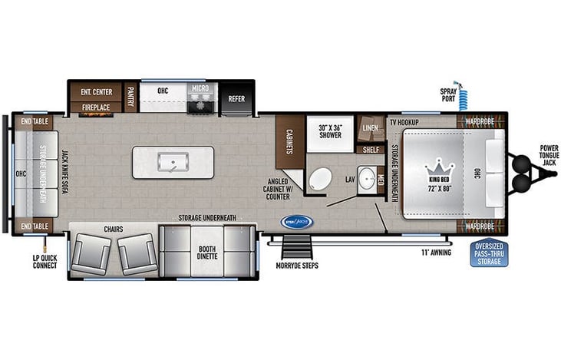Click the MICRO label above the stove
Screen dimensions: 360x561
click(200, 89)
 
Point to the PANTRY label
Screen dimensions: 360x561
click(131, 98)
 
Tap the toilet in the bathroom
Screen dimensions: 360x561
click(318, 180)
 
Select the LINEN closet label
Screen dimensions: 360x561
click(369, 127)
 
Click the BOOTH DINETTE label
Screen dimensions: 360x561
click(206, 252)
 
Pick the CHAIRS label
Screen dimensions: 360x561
click(114, 229)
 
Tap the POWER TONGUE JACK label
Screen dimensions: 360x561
click(549, 154)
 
